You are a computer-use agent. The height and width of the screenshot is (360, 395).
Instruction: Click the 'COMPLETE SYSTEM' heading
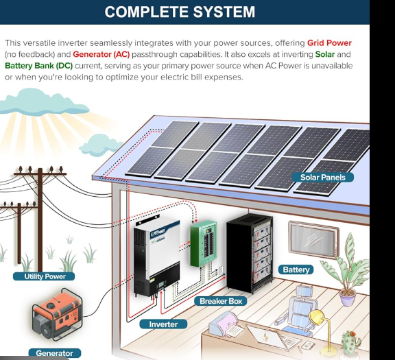point(180,12)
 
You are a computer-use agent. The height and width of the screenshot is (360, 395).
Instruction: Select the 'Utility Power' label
point(45,276)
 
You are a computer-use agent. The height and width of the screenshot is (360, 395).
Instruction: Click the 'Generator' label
point(54,353)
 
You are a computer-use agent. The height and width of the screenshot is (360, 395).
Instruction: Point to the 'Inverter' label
point(163,324)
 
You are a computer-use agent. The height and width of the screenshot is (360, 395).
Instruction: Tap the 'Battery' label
point(296,269)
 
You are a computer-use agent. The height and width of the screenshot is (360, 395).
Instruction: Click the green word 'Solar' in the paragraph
point(325,54)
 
